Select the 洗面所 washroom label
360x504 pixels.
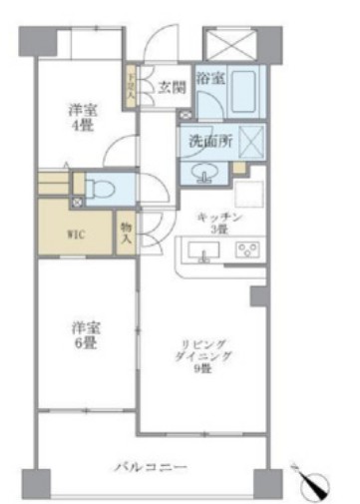tap(210, 141)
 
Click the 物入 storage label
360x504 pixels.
tap(126, 236)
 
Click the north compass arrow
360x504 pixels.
tap(318, 481)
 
